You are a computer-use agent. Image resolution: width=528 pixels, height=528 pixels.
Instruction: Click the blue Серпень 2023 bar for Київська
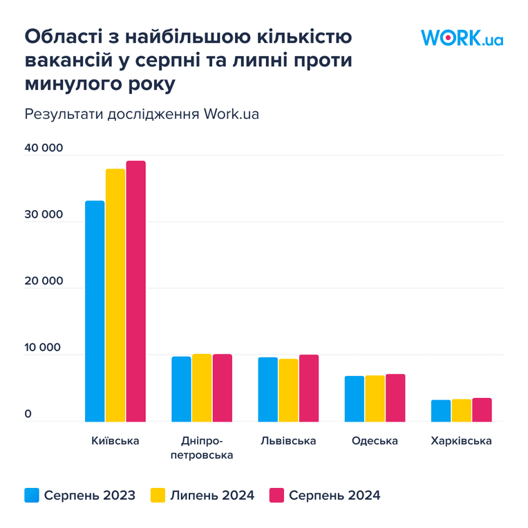[95, 311]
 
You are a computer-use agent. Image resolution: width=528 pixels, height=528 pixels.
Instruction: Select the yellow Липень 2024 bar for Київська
[115, 295]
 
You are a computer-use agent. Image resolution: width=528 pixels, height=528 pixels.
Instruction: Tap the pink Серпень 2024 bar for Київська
[136, 291]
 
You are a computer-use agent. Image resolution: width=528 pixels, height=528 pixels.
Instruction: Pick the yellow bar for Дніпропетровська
[202, 388]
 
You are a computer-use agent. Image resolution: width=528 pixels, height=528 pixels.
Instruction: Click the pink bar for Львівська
[309, 388]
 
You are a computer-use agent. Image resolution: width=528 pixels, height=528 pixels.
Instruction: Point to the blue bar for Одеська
[355, 399]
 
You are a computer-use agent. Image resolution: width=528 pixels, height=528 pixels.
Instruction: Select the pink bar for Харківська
[482, 410]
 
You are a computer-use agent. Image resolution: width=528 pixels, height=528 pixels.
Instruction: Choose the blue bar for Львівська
[267, 390]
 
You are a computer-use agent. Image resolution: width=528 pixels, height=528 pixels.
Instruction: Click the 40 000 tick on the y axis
[44, 148]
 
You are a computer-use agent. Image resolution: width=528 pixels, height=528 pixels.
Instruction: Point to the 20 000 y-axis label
[44, 281]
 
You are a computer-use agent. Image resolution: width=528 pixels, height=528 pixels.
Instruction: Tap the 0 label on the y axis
[28, 414]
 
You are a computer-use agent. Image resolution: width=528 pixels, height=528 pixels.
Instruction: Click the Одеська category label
[375, 441]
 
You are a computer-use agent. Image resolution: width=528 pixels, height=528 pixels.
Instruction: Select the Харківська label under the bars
[462, 441]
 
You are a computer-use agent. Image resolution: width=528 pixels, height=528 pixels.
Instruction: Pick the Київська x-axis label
[115, 440]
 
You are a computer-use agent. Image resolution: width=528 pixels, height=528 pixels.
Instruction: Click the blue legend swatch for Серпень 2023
[32, 495]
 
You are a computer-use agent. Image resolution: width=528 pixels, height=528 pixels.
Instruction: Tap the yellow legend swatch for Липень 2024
[158, 495]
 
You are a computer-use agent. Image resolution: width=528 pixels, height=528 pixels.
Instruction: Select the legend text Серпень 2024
[334, 496]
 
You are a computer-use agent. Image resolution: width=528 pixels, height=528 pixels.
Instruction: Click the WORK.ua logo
[462, 37]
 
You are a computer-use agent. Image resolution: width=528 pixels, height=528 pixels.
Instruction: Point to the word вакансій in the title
[68, 60]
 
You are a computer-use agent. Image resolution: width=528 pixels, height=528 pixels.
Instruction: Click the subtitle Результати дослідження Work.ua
[142, 114]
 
